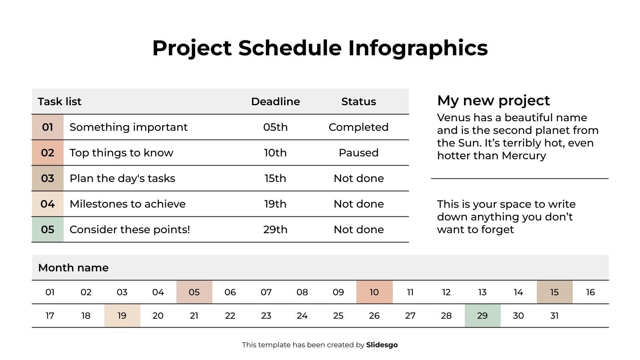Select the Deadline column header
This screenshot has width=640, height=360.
click(275, 102)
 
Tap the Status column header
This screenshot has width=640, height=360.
click(358, 102)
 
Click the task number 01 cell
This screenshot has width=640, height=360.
click(48, 127)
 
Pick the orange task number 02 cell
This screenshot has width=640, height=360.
click(48, 153)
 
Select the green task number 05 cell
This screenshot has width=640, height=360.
click(48, 230)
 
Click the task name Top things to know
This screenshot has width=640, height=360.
click(121, 153)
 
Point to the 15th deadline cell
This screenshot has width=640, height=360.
click(275, 178)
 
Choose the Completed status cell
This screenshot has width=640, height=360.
click(358, 127)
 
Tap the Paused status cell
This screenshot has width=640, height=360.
click(358, 153)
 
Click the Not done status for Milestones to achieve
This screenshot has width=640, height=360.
click(358, 204)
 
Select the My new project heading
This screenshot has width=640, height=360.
click(493, 100)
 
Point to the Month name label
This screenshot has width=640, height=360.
click(73, 268)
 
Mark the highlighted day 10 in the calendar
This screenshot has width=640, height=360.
click(374, 292)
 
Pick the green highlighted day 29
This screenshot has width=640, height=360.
click(482, 316)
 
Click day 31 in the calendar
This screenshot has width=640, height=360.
click(554, 316)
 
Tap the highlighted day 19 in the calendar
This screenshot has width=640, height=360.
click(122, 316)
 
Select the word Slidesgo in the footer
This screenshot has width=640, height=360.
click(382, 345)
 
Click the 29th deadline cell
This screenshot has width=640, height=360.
click(275, 230)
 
